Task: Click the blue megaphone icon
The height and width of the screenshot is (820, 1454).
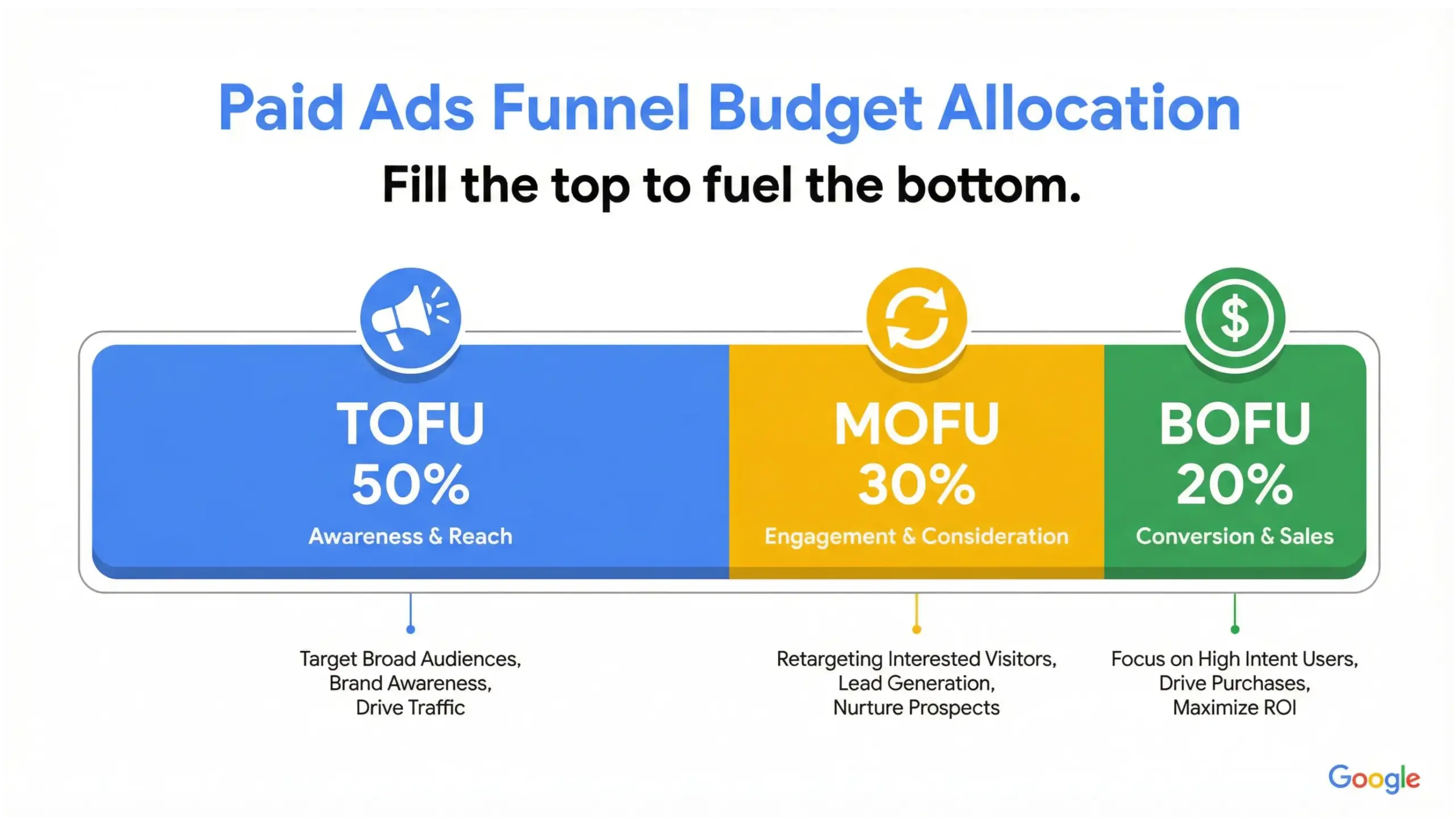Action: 410,318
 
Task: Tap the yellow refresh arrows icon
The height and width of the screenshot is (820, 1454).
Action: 916,318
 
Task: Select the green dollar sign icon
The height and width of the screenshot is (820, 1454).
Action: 1234,318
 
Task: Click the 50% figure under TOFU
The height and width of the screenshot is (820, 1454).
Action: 410,485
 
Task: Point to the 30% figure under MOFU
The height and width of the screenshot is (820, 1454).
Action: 916,485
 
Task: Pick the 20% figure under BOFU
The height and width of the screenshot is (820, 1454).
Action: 1234,485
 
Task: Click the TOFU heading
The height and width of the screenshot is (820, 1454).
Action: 410,423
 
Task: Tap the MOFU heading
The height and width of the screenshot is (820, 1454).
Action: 916,423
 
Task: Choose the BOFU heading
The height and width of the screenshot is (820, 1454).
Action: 1234,423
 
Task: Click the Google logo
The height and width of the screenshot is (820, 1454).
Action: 1373,779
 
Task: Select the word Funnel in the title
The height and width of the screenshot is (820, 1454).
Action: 591,108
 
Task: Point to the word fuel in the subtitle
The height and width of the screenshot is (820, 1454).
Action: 747,185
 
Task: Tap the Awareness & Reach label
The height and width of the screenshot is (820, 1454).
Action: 410,536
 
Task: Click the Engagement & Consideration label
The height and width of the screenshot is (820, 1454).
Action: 916,536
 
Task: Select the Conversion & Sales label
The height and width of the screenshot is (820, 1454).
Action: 1234,536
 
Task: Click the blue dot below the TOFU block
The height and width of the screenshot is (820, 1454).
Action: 411,629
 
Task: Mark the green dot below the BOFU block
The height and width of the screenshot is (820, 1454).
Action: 1235,629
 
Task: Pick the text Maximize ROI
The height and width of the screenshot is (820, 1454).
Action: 1234,708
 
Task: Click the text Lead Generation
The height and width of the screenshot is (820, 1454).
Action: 916,684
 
